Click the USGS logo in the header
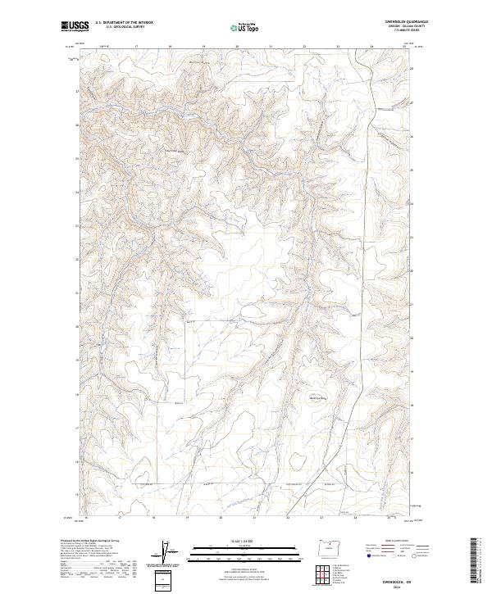(75, 26)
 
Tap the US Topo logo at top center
(242, 27)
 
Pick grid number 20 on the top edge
(236, 47)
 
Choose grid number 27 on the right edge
(412, 102)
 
